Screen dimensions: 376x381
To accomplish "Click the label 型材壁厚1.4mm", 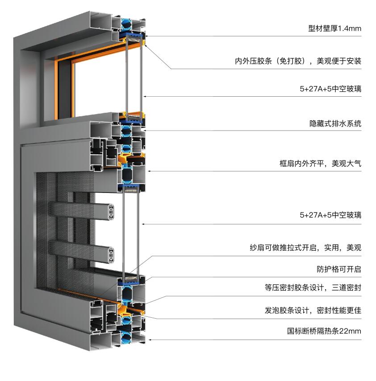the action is click(x=334, y=29).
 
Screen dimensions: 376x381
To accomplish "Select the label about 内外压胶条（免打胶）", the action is click(x=298, y=61).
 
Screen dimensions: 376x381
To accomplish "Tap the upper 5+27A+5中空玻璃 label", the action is click(x=330, y=89).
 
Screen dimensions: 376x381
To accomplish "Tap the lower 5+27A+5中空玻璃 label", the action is click(x=330, y=215).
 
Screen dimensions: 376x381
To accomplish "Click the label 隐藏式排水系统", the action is click(x=335, y=123).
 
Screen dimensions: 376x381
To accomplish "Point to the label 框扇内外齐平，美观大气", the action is click(x=320, y=164).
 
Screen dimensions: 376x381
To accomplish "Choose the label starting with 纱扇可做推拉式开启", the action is click(x=305, y=248).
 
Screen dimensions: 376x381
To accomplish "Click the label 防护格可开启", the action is click(x=339, y=269).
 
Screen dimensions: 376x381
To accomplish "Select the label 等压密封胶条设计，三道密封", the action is click(x=313, y=288).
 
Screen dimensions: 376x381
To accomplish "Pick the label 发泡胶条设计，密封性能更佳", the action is click(x=313, y=310).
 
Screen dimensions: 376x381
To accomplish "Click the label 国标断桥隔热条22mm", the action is click(x=324, y=331).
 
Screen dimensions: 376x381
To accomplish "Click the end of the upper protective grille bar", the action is click(x=111, y=212).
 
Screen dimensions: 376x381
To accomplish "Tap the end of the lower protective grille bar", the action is click(x=111, y=255).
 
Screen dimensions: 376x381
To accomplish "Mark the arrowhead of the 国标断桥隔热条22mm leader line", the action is click(x=149, y=340).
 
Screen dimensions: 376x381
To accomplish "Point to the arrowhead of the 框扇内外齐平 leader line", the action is click(x=149, y=171).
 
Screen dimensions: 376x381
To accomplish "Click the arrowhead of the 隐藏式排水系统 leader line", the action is click(x=145, y=131).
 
